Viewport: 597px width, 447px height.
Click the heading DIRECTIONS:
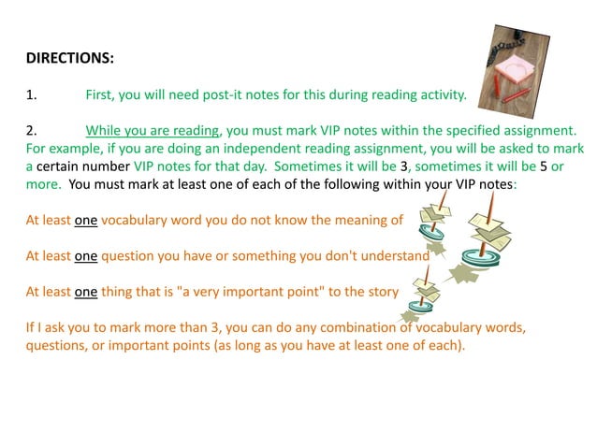[69, 58]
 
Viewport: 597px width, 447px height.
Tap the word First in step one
[100, 94]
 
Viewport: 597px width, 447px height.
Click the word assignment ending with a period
[541, 131]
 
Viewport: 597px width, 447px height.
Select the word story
[378, 292]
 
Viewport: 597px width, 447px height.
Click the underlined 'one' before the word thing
[86, 292]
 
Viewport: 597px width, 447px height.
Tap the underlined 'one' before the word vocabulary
[86, 221]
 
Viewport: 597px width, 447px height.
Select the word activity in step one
[435, 94]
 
